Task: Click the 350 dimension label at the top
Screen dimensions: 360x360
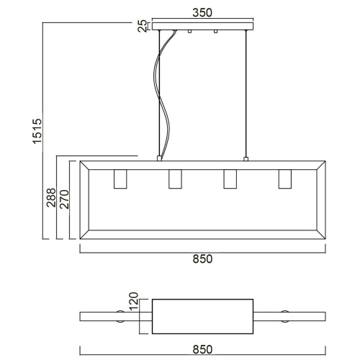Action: tap(202, 12)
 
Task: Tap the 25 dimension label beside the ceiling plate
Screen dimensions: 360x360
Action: tap(143, 26)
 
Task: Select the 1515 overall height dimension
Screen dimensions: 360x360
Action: tap(37, 131)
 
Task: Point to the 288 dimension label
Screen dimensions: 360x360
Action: tap(51, 198)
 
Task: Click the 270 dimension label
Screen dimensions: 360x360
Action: tap(64, 199)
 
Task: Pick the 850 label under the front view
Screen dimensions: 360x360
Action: tap(202, 259)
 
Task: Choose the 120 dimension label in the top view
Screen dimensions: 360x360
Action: tap(134, 302)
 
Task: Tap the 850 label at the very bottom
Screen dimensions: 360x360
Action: tap(202, 350)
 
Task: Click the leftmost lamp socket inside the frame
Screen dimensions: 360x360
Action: tap(120, 179)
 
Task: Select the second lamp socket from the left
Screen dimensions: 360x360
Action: tap(175, 179)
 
